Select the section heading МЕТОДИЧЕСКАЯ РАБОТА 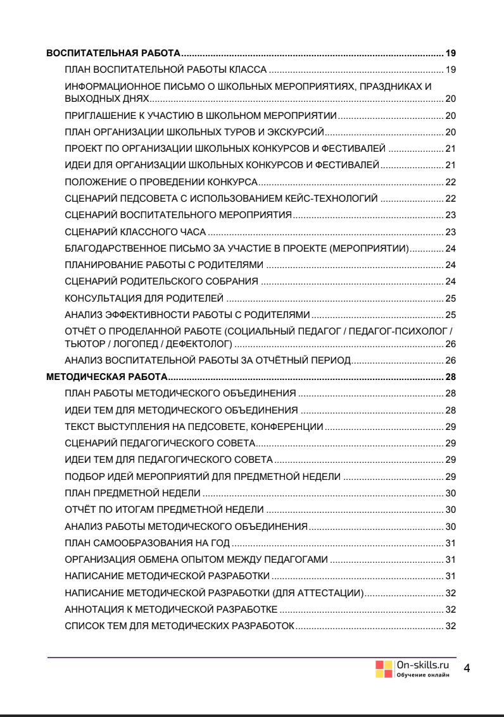pos(108,378)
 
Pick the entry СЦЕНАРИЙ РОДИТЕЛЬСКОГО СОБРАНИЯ pos(161,280)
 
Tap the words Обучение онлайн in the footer pos(422,673)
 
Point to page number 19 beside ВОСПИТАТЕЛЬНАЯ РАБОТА pos(451,52)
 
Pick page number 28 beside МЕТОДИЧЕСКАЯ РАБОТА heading pos(451,378)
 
